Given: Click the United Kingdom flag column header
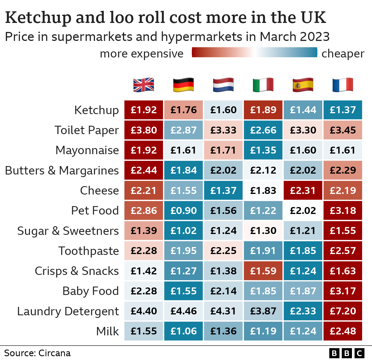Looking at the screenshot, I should [144, 85].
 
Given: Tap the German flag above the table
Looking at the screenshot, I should [183, 85].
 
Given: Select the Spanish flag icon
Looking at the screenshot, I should [303, 85].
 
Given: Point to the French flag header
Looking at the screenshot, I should [343, 85].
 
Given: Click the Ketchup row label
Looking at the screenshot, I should [96, 110].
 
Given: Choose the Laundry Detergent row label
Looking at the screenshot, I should [68, 311].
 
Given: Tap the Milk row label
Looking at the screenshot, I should [108, 331].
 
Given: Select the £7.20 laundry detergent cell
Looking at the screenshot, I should [343, 311].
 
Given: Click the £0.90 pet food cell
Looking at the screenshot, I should [183, 210].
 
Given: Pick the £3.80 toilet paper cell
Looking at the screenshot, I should [144, 130].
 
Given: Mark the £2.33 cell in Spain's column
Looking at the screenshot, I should [303, 311].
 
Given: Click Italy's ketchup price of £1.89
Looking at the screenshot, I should [263, 110].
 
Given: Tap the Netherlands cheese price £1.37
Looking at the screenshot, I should [223, 190].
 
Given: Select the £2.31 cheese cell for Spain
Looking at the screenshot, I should [303, 190].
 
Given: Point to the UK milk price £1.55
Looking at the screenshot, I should [144, 331].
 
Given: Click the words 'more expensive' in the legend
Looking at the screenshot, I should [142, 54].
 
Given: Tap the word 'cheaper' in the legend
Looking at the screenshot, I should [343, 54].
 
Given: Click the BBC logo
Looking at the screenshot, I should [347, 353].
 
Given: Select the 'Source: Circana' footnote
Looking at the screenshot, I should [37, 353].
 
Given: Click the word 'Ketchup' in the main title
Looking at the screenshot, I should [38, 18].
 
